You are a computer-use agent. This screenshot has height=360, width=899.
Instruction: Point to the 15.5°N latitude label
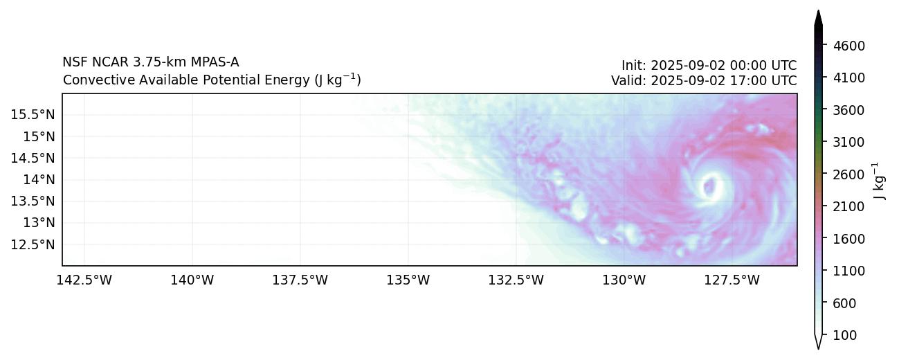[x=34, y=114]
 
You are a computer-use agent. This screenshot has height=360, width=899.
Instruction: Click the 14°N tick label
[x=39, y=179]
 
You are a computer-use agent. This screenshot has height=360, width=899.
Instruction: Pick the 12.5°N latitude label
[x=34, y=244]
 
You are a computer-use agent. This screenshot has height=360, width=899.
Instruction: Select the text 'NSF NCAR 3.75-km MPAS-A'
[x=150, y=62]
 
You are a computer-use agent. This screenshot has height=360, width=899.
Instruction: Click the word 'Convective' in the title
[x=93, y=80]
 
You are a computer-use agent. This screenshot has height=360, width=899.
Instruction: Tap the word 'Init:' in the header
[x=635, y=66]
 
